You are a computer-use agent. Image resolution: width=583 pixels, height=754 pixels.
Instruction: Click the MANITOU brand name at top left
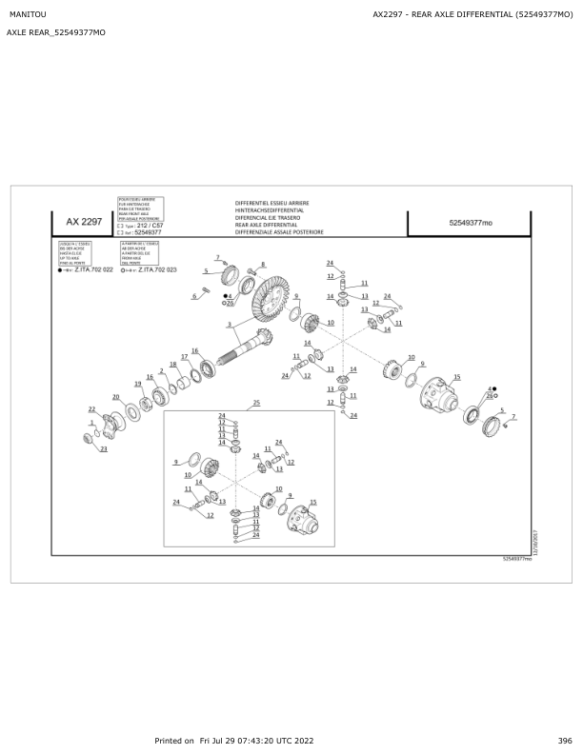(27, 14)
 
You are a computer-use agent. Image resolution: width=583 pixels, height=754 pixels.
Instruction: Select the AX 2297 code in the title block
(84, 222)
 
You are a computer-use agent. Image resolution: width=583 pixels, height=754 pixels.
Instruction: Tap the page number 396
(565, 741)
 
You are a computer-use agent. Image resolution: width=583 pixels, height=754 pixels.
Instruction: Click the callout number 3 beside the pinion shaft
(229, 326)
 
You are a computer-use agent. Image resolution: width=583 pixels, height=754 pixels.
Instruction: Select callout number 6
(193, 296)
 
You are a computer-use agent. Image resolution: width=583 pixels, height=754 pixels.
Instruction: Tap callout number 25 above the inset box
(255, 404)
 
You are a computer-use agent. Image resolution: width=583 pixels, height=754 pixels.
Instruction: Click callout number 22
(91, 409)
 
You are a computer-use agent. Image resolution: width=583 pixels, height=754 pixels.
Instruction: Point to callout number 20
(115, 397)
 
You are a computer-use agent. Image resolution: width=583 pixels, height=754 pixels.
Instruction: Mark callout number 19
(137, 384)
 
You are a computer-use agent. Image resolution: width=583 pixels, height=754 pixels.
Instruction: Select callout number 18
(172, 365)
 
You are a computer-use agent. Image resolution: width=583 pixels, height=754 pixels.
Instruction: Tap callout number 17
(185, 356)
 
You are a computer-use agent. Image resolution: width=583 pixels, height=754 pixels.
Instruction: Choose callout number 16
(194, 350)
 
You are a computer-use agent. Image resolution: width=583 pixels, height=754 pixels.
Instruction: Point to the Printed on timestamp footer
(234, 741)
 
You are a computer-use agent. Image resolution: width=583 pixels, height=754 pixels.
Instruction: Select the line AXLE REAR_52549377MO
(56, 33)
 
